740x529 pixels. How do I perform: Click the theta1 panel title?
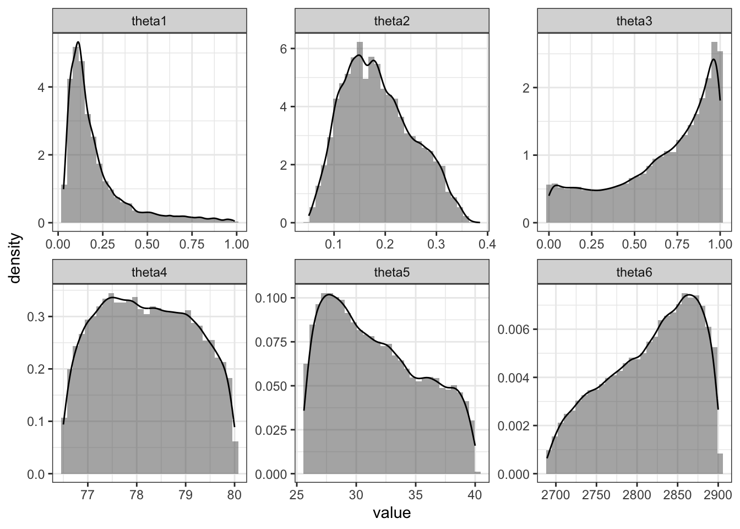pyautogui.click(x=149, y=21)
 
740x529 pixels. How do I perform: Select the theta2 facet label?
pyautogui.click(x=391, y=21)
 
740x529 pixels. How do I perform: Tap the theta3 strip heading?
pyautogui.click(x=634, y=21)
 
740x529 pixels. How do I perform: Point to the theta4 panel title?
pyautogui.click(x=149, y=272)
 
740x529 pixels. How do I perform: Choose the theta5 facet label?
pyautogui.click(x=391, y=272)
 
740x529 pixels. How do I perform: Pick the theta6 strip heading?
pyautogui.click(x=634, y=272)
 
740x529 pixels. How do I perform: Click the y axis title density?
pyautogui.click(x=16, y=258)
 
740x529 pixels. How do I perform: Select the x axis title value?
pyautogui.click(x=391, y=514)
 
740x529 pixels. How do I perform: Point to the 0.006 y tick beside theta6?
pyautogui.click(x=513, y=330)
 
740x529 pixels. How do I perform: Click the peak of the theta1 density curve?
pyautogui.click(x=78, y=42)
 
